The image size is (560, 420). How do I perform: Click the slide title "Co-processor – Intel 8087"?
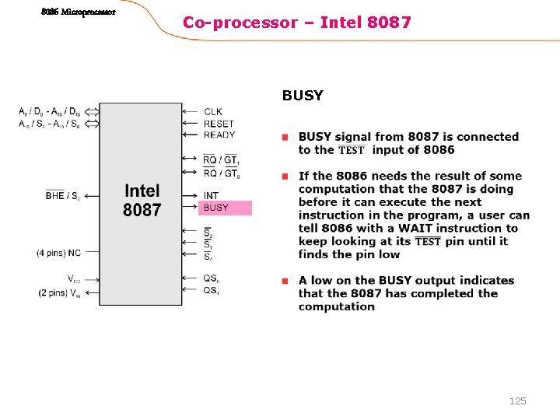(x=296, y=23)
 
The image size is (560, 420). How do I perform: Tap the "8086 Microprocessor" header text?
(x=79, y=12)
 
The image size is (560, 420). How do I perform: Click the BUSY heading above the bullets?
(x=303, y=96)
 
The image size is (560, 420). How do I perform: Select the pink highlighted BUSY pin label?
(x=216, y=208)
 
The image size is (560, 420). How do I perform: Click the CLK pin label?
(x=212, y=112)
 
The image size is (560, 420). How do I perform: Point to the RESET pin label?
(x=218, y=124)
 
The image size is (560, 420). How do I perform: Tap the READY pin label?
(x=219, y=135)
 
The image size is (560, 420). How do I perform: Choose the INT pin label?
(x=211, y=195)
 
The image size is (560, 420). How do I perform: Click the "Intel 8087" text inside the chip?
(x=142, y=200)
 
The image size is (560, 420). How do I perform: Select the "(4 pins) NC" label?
(x=58, y=253)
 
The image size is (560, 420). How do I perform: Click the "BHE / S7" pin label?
(x=62, y=196)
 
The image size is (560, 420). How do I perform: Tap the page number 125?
(x=517, y=401)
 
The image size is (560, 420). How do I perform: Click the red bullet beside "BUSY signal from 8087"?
(x=285, y=138)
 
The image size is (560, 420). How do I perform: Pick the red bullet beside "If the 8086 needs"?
(x=285, y=177)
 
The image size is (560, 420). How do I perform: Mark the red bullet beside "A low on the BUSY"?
(x=285, y=281)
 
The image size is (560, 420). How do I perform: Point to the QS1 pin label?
(x=211, y=290)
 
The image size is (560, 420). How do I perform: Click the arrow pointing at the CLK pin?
(x=188, y=112)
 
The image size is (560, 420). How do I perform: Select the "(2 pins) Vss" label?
(x=59, y=293)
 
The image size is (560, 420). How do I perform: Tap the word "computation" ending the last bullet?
(x=336, y=306)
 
